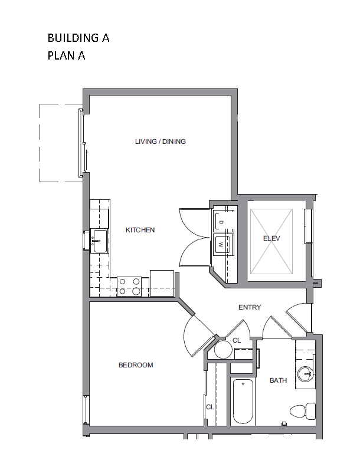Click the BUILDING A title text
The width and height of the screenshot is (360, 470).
(x=78, y=38)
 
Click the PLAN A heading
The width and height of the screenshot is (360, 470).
(x=66, y=56)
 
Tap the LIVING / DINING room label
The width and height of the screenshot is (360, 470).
(x=160, y=142)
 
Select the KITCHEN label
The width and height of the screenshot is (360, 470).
(x=140, y=230)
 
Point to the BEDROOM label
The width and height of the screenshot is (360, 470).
(x=136, y=365)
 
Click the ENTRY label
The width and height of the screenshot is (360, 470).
(x=250, y=307)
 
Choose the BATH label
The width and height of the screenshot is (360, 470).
(x=278, y=380)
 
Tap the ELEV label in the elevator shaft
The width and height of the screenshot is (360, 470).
(x=271, y=238)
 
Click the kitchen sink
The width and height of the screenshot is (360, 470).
(x=99, y=241)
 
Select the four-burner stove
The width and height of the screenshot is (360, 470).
(x=129, y=286)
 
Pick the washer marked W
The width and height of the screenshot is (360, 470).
(x=222, y=245)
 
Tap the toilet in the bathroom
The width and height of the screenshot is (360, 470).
(x=303, y=411)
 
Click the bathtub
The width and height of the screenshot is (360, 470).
(x=243, y=402)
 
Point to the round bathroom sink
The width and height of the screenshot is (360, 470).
(x=306, y=374)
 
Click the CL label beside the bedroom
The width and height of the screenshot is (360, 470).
(x=210, y=407)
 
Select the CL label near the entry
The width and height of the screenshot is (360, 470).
(x=237, y=340)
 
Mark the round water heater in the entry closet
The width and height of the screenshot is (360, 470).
(x=224, y=349)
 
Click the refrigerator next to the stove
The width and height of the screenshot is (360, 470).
(x=162, y=284)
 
